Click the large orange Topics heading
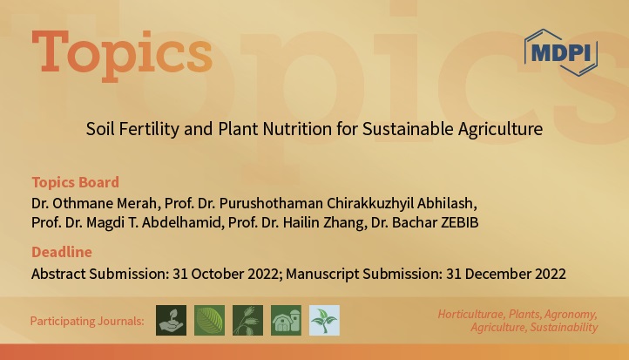coord(121,54)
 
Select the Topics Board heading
coord(75,182)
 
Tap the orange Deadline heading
coord(61,252)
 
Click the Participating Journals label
coord(87,321)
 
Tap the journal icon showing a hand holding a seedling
coord(171,320)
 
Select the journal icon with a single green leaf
coord(209,320)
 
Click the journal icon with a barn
coord(286,320)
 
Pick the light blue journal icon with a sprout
coord(324,320)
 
